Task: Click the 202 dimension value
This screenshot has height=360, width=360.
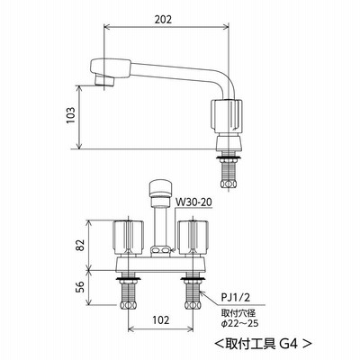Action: [163, 20]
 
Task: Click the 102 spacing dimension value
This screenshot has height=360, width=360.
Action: [161, 320]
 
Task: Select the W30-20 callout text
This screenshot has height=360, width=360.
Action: [193, 202]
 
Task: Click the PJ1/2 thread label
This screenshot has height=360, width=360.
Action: [235, 298]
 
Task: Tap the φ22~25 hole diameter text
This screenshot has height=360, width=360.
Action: [239, 323]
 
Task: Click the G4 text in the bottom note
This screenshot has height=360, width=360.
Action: [288, 344]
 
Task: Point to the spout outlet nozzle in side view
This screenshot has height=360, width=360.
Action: [104, 80]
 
